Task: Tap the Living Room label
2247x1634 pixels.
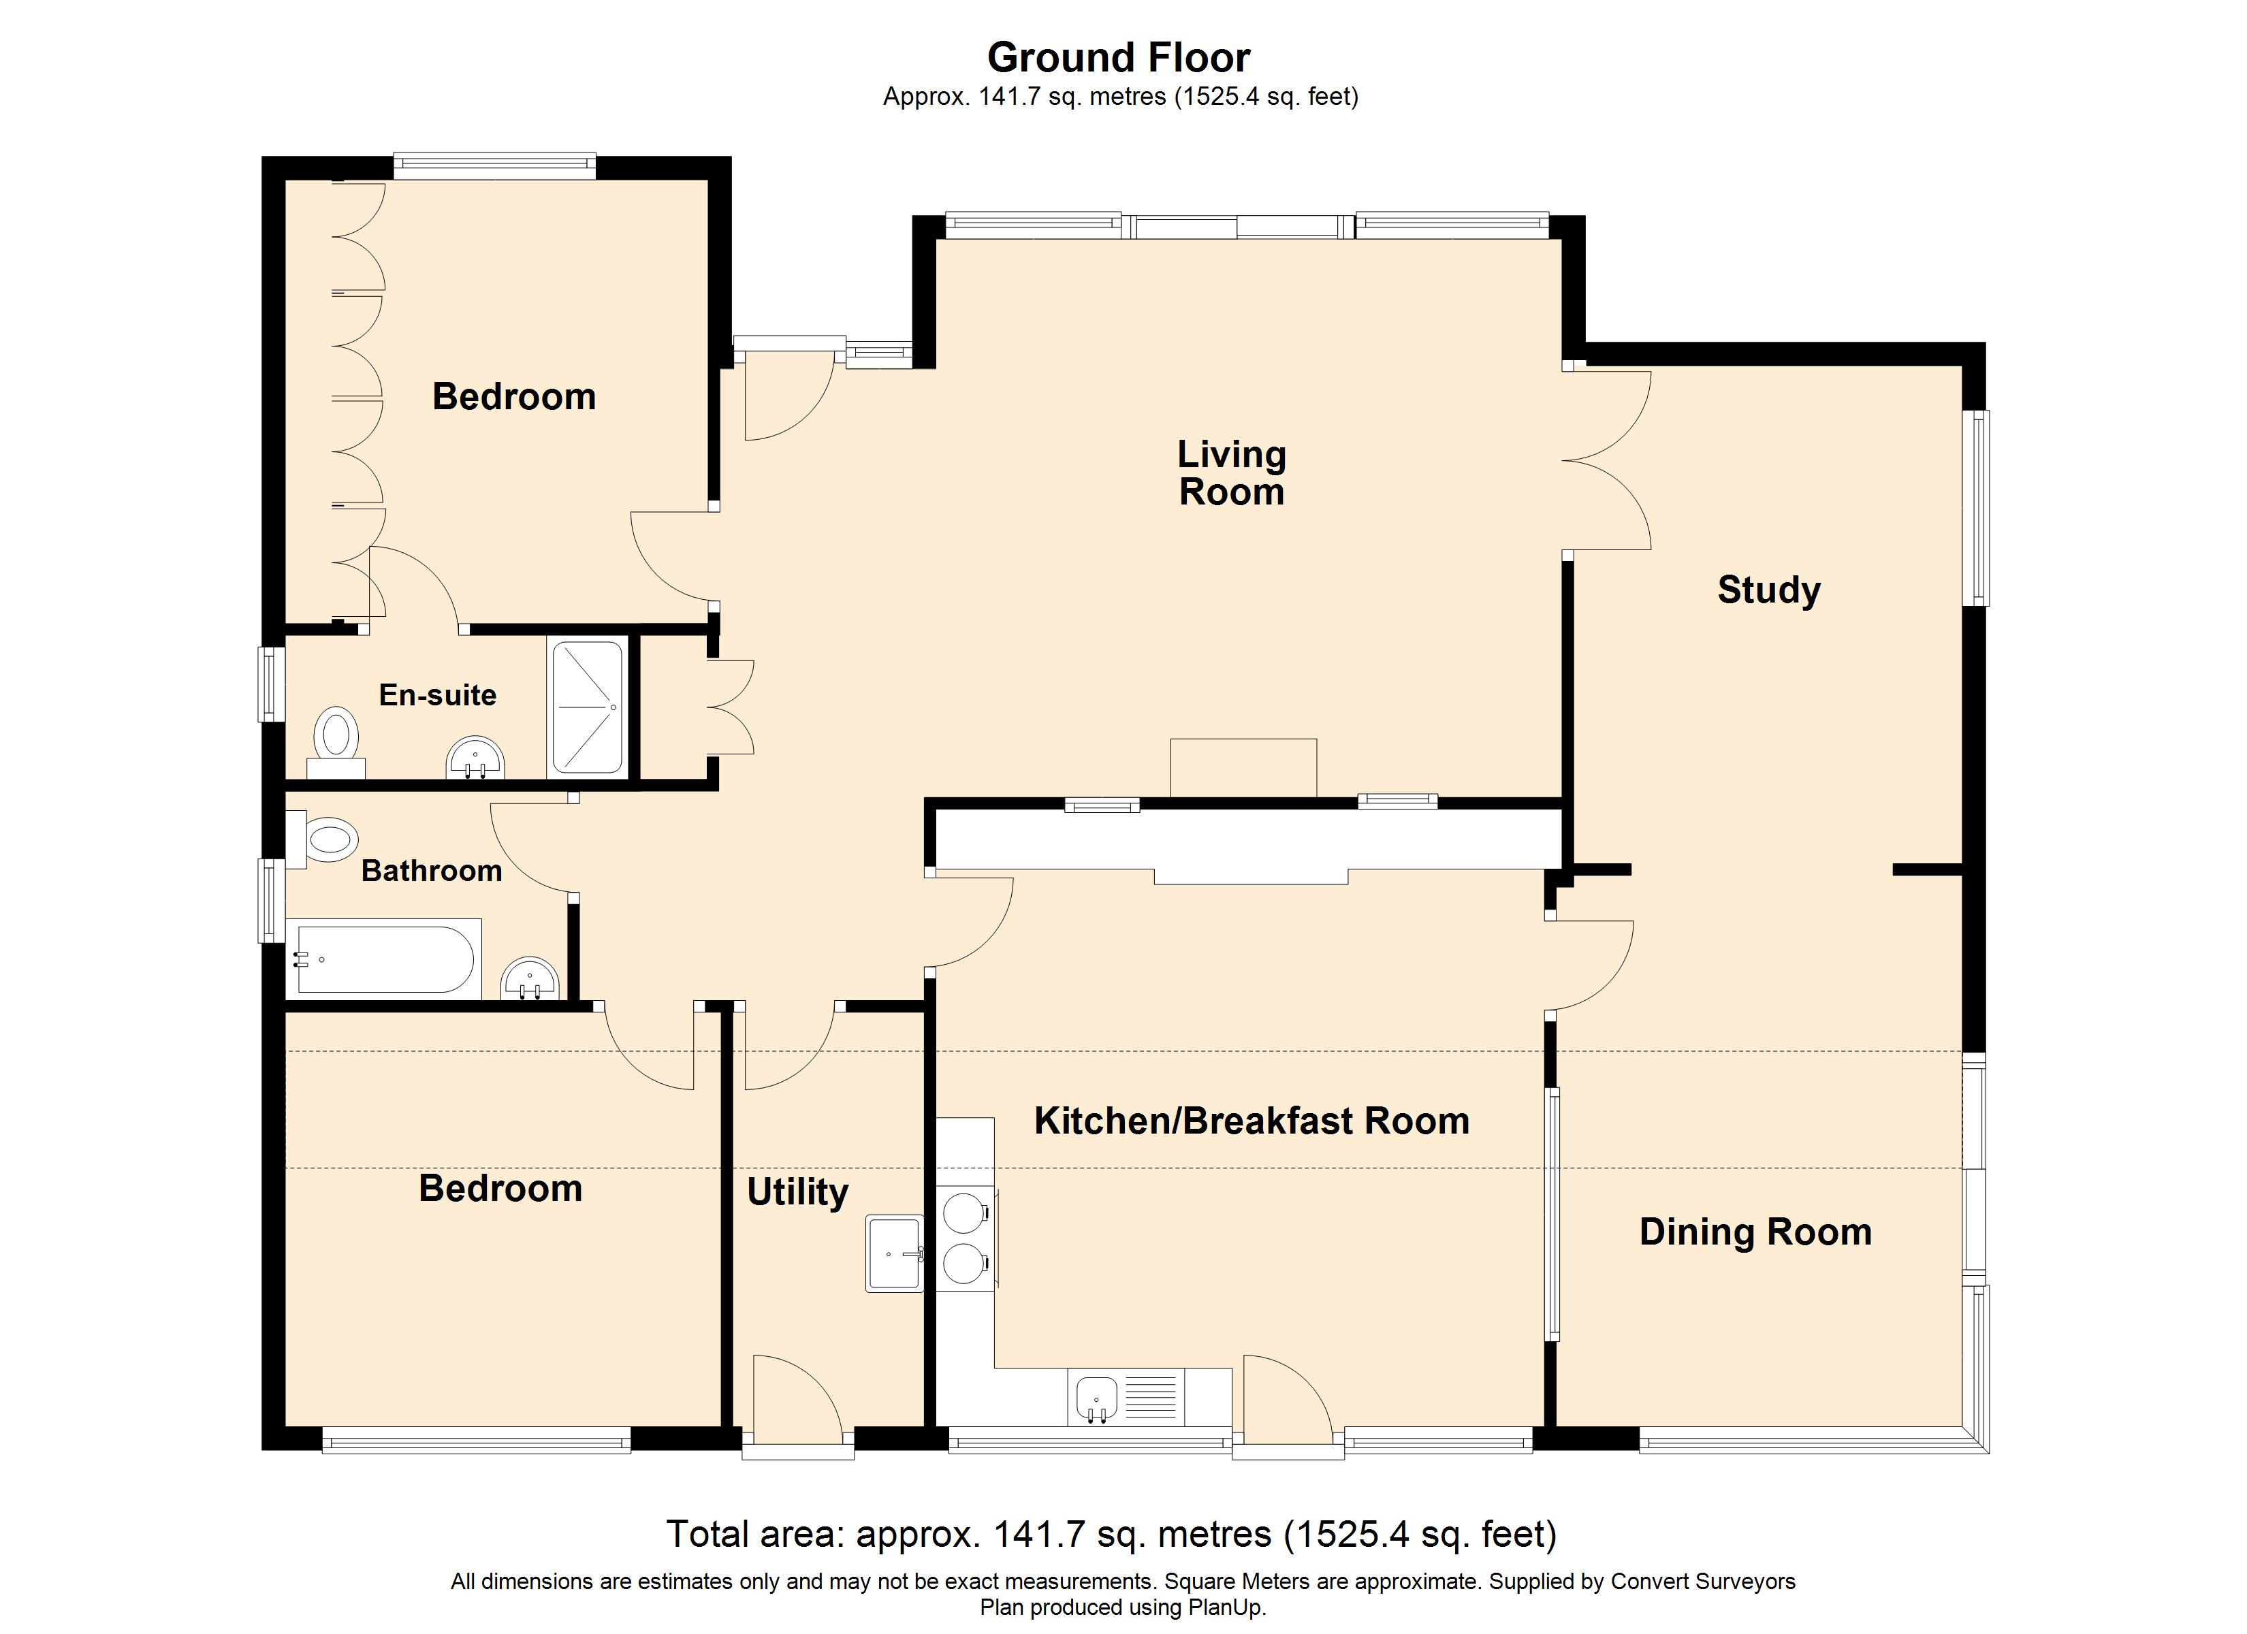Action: coord(1232,472)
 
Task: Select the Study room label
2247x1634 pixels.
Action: coord(1768,590)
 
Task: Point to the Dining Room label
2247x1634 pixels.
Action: coord(1755,1232)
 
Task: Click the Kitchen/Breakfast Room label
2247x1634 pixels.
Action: coord(1252,1121)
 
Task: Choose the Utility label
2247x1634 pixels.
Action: coord(797,1192)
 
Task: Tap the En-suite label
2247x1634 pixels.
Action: coord(438,694)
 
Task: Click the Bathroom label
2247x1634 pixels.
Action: coord(431,871)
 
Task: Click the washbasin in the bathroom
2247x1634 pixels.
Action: coord(530,979)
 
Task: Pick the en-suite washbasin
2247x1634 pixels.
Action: coord(477,759)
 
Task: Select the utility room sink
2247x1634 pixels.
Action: coord(895,1253)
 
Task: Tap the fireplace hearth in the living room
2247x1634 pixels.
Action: coord(1243,768)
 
